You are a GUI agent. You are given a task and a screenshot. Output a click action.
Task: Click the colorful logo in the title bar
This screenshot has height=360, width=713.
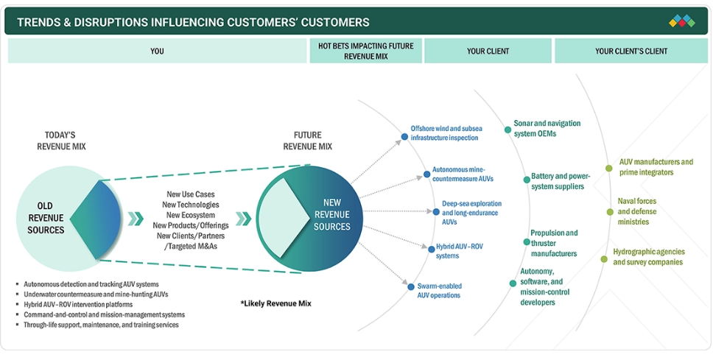point(681,21)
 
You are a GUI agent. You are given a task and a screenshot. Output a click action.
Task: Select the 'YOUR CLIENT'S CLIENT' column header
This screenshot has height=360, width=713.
point(631,52)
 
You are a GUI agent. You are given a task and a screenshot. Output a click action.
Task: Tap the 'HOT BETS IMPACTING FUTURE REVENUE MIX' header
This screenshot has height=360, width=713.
point(365,51)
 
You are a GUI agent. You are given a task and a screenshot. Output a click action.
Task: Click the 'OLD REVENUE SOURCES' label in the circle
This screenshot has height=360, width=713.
point(46,218)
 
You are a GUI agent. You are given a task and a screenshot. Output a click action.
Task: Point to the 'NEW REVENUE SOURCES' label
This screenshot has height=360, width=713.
point(331,214)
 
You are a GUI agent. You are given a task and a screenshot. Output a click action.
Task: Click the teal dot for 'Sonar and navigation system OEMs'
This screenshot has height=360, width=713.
point(507,130)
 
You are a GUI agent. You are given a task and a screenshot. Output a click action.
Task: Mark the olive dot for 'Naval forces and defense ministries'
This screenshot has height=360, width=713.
point(611,212)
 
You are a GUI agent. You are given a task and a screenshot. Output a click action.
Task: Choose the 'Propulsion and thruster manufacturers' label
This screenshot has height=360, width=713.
point(554,243)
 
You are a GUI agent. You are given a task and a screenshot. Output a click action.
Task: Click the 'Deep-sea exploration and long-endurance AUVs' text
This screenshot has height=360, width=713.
point(471,212)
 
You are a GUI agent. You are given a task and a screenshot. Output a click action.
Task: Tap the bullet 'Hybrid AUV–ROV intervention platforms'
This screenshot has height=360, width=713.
point(78,304)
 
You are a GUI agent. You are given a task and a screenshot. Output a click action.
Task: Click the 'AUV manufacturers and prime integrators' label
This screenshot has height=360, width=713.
point(656,167)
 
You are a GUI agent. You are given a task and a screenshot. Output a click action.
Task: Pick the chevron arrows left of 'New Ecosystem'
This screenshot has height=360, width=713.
point(136,219)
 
